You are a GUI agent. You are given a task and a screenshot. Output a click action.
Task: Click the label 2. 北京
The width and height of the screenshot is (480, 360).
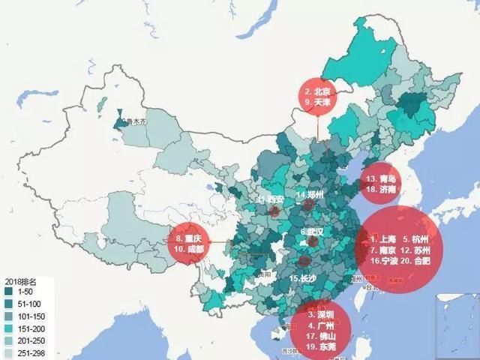coord(319,90)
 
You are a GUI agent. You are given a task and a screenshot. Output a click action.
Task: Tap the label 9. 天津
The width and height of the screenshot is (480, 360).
coord(319,102)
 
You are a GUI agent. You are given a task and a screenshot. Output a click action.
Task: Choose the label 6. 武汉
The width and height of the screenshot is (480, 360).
coord(311,232)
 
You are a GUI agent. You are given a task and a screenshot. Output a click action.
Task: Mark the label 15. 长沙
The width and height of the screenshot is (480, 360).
coord(301,278)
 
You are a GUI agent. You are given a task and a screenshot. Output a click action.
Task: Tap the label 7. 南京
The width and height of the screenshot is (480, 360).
coord(383,250)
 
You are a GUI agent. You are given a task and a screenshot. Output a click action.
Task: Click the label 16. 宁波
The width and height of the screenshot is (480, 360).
coord(383,261)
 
